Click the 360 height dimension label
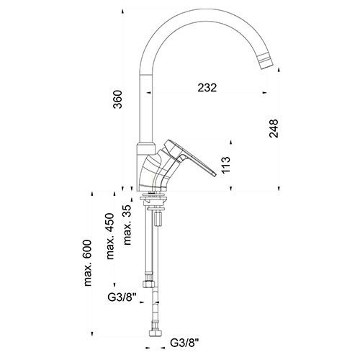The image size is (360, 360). click(117, 99)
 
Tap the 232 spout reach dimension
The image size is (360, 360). click(207, 88)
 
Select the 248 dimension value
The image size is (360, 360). click(274, 128)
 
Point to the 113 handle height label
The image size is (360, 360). click(225, 165)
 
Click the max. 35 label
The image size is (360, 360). click(127, 225)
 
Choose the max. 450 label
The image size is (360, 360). click(110, 236)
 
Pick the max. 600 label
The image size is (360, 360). click(88, 263)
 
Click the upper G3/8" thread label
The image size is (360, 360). click(122, 297)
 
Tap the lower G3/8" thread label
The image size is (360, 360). click(184, 343)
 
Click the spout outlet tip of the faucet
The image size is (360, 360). click(266, 66)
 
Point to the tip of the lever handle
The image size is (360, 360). click(214, 174)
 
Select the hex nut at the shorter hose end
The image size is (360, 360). click(149, 284)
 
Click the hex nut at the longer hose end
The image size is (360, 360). click(156, 334)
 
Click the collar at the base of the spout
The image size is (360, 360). click(146, 148)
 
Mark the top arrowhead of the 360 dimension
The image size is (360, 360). click(122, 11)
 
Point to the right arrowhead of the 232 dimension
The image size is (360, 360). click(265, 92)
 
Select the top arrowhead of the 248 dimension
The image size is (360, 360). click(279, 69)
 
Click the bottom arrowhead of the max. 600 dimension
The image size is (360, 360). click(92, 334)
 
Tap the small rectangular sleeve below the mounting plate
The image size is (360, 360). click(158, 218)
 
